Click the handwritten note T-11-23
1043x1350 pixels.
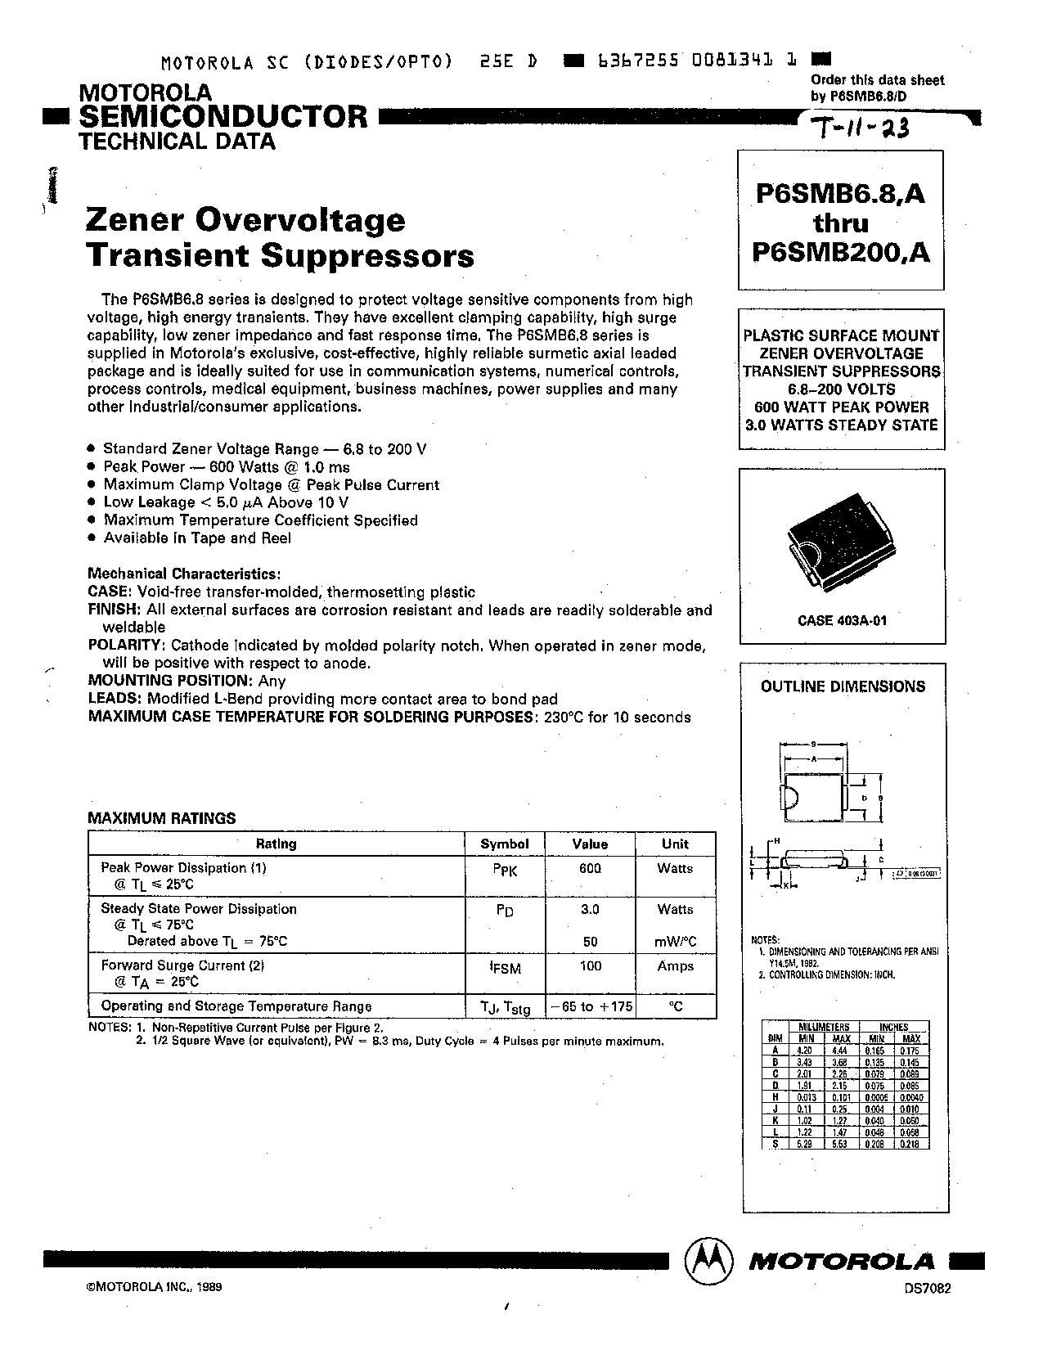pyautogui.click(x=860, y=128)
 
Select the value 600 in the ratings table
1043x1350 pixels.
pyautogui.click(x=590, y=868)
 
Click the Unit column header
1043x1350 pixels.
pyautogui.click(x=675, y=844)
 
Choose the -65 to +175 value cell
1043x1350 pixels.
pyautogui.click(x=591, y=1006)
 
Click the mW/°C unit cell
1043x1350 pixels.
pyautogui.click(x=675, y=942)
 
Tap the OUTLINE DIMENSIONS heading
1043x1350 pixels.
pyautogui.click(x=843, y=686)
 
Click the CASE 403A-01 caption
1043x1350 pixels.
pyautogui.click(x=842, y=621)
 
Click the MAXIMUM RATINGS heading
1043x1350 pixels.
pyautogui.click(x=161, y=817)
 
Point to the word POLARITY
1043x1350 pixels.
pyautogui.click(x=125, y=646)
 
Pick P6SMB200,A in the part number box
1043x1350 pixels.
pyautogui.click(x=841, y=253)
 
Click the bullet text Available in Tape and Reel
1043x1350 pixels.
pyautogui.click(x=196, y=538)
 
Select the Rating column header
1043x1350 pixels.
pyautogui.click(x=276, y=844)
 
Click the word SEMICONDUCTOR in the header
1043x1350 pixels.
pyautogui.click(x=223, y=116)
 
